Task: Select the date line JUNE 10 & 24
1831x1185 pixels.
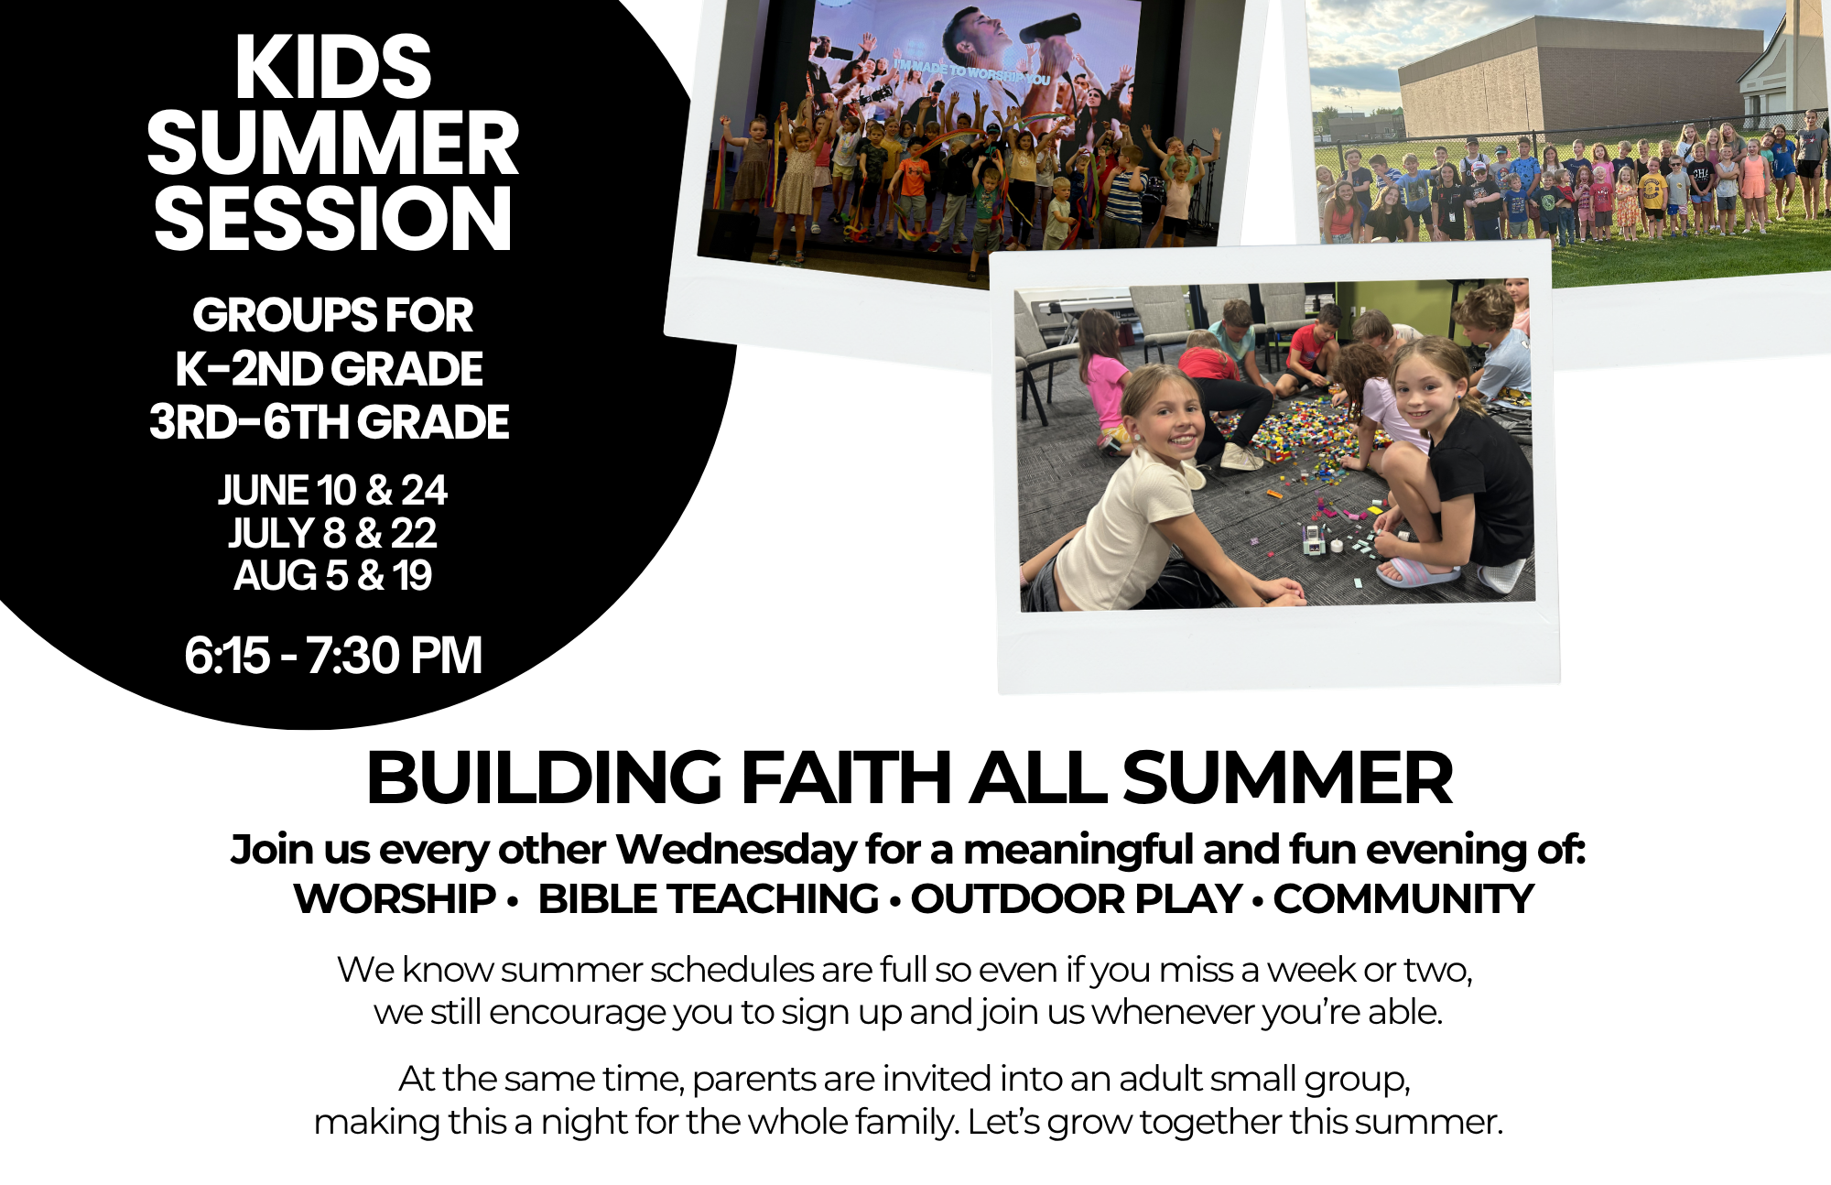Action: click(332, 490)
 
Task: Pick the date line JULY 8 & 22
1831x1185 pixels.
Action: click(332, 533)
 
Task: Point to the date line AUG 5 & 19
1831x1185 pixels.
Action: click(332, 575)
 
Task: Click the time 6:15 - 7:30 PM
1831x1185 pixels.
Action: click(332, 655)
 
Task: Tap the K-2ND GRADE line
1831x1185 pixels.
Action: click(330, 369)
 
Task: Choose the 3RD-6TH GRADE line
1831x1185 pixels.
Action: click(330, 422)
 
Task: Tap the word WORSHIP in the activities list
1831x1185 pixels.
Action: click(395, 899)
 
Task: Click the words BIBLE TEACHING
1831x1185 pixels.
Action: click(709, 899)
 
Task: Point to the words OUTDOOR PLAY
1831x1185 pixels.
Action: click(1077, 899)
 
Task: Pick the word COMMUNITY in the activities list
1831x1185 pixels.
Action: click(1403, 899)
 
